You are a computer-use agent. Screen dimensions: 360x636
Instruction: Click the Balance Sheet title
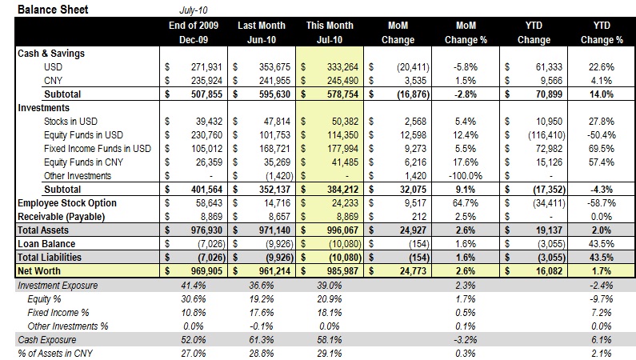pyautogui.click(x=53, y=10)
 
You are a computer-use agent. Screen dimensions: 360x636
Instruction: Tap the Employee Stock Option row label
pyautogui.click(x=68, y=203)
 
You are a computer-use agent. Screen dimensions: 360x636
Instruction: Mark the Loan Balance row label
pyautogui.click(x=46, y=243)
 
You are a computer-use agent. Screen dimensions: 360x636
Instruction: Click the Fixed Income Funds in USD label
pyautogui.click(x=98, y=148)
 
